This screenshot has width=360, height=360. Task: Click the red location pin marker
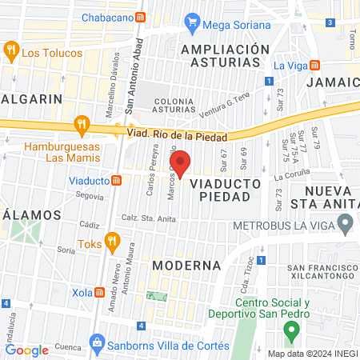click(x=180, y=163)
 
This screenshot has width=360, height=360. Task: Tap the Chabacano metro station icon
click(x=141, y=17)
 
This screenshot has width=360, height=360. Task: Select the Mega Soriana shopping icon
click(x=192, y=22)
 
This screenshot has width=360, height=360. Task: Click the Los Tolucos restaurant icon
click(x=10, y=53)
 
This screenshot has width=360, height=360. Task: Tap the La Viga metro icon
click(x=314, y=65)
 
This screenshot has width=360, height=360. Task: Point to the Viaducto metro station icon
click(x=117, y=181)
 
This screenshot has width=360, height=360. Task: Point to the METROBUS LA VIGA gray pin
click(x=345, y=225)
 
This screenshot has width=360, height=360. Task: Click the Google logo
click(x=27, y=350)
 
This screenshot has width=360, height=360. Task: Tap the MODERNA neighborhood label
click(x=186, y=265)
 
